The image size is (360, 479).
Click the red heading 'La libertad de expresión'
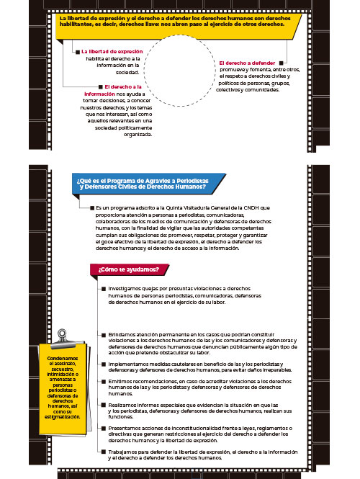coord(111,52)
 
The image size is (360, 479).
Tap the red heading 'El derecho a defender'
coord(247,63)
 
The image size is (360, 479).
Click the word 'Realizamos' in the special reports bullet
coord(123,406)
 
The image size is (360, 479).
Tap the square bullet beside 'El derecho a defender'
coord(282,63)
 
